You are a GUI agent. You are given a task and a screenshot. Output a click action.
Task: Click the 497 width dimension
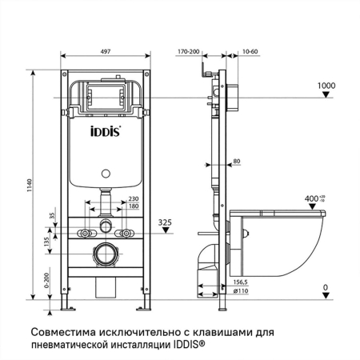click(x=106, y=51)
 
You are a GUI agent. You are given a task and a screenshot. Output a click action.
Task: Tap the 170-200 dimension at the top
click(x=189, y=51)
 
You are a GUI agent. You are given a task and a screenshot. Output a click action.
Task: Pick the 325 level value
click(x=165, y=221)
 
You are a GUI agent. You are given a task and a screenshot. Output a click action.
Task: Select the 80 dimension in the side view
click(x=236, y=162)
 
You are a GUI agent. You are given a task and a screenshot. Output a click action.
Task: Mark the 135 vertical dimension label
click(x=46, y=242)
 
